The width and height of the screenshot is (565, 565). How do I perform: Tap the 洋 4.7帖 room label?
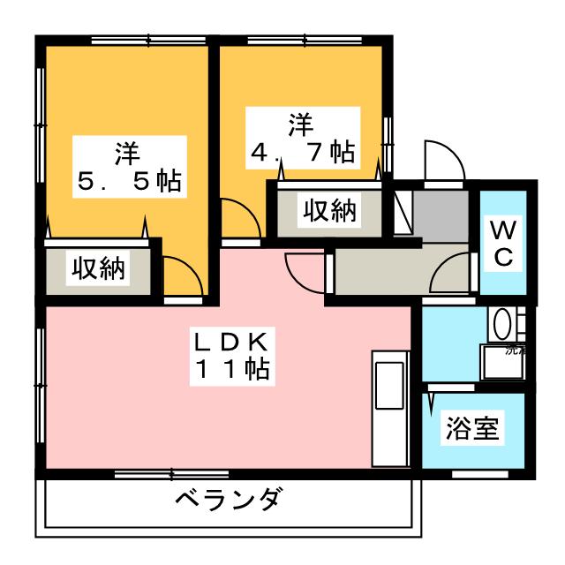coord(301,137)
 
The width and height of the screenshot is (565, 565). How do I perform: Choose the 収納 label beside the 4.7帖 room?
coord(330,211)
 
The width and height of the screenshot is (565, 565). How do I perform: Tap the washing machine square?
coord(503,362)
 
